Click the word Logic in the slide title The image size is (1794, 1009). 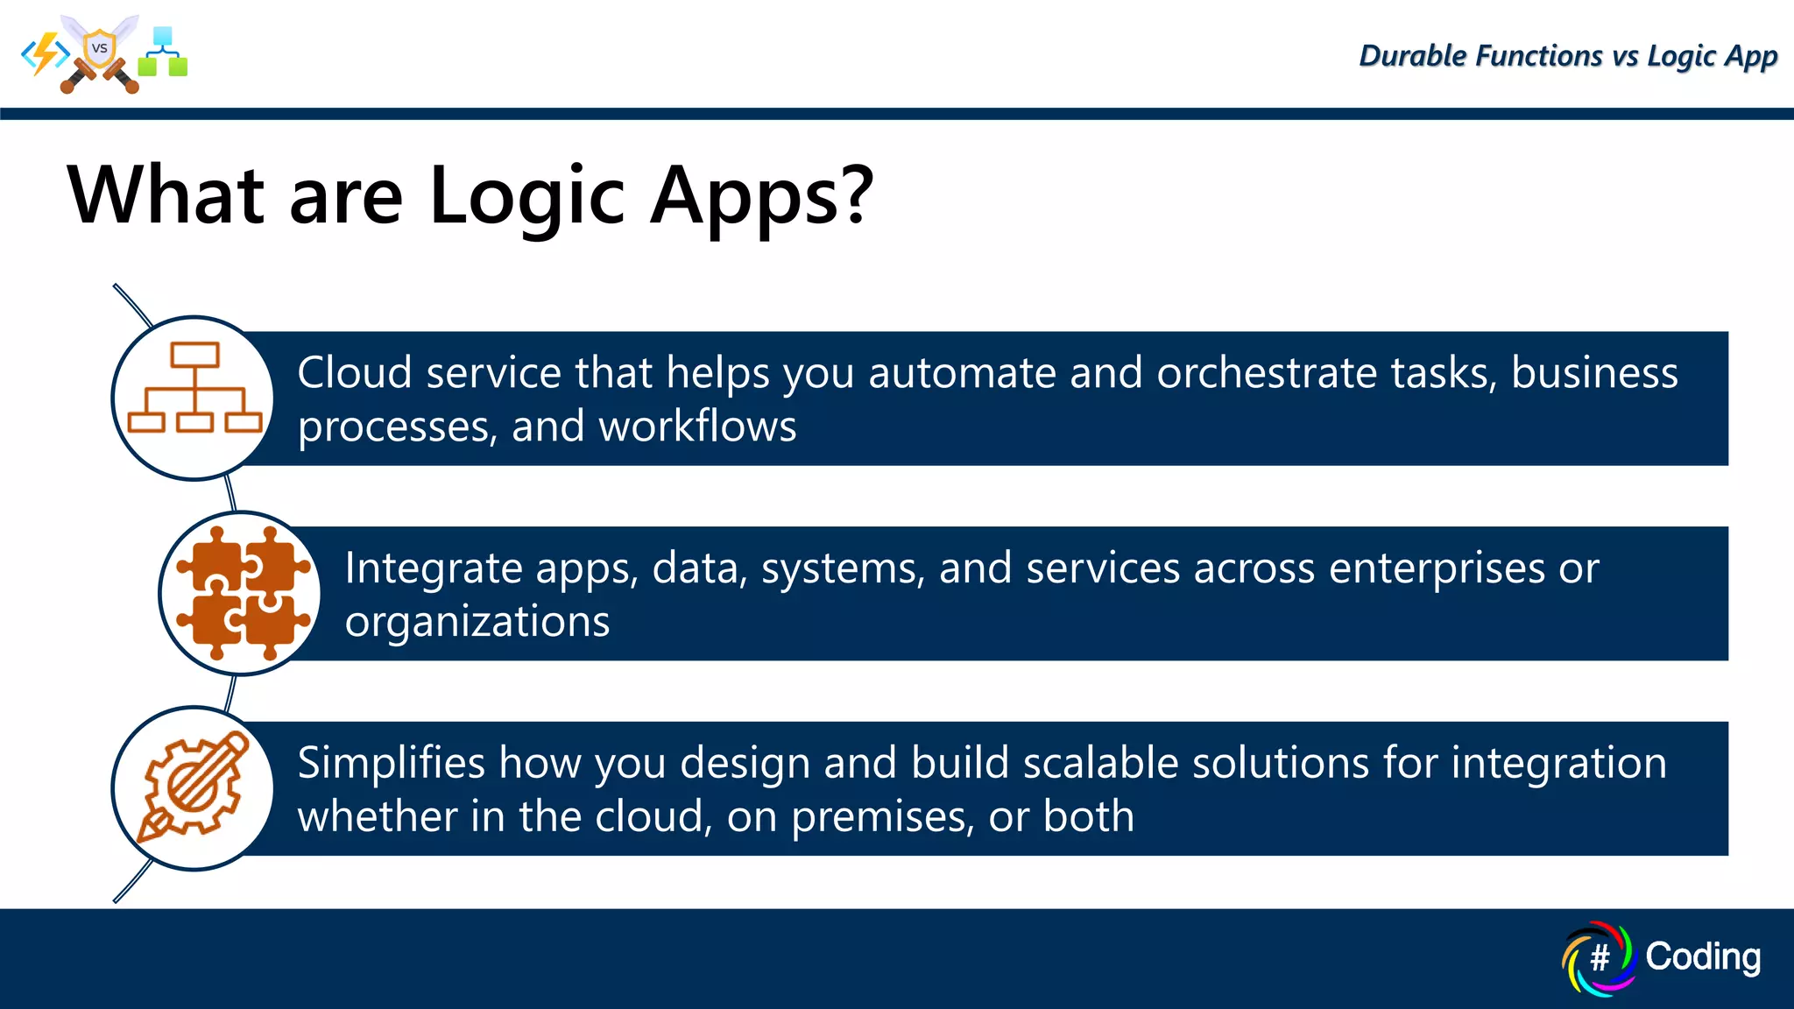click(x=526, y=196)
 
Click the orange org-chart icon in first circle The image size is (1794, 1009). click(x=194, y=388)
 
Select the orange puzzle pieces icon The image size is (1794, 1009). click(x=243, y=593)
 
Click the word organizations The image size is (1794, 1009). click(x=477, y=622)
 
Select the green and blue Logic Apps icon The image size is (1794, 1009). click(x=163, y=53)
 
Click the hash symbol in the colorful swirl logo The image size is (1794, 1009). click(x=1600, y=957)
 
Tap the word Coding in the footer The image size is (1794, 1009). click(x=1702, y=956)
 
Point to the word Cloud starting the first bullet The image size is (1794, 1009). click(x=354, y=373)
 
